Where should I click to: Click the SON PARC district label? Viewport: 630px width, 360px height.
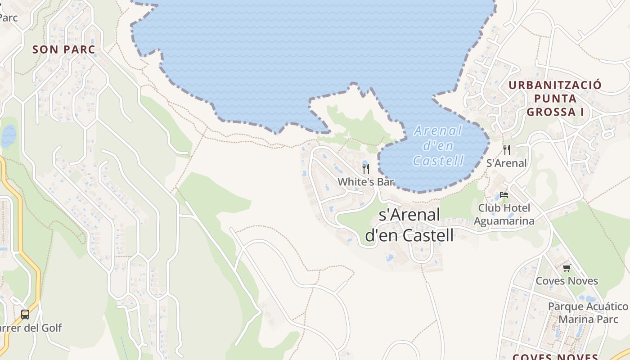[x=64, y=49]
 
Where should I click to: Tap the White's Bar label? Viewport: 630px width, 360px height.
[x=365, y=182]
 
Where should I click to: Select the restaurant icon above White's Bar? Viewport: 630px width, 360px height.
[x=366, y=169]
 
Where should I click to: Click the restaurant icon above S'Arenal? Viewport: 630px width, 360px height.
[x=507, y=150]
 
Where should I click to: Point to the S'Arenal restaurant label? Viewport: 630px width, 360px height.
[x=506, y=163]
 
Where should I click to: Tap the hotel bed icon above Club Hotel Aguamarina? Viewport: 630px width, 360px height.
[x=504, y=195]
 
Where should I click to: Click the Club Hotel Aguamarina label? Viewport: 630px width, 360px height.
[x=504, y=214]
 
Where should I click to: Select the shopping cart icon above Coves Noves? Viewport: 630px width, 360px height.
[x=567, y=268]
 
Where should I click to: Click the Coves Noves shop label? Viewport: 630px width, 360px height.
[x=567, y=281]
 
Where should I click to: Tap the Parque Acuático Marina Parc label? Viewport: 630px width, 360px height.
[x=588, y=313]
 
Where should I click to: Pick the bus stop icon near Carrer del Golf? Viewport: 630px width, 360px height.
[x=25, y=315]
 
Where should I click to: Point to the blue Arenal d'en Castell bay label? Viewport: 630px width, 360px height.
[x=438, y=146]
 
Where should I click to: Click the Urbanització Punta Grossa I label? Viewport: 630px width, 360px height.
[x=555, y=98]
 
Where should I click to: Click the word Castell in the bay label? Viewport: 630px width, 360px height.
[x=438, y=161]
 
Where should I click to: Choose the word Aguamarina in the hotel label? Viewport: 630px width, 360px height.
[x=504, y=221]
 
